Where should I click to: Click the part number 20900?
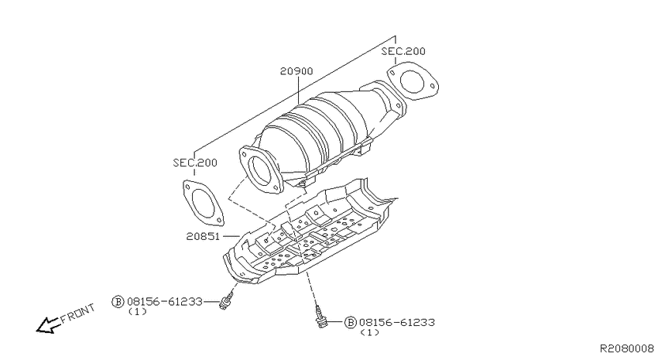(x=296, y=71)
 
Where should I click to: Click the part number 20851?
(x=203, y=236)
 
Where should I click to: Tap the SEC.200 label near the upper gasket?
(x=403, y=51)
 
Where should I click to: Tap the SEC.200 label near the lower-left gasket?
(x=195, y=163)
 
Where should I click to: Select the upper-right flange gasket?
(x=413, y=81)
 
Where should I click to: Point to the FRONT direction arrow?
(x=47, y=324)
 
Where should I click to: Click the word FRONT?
(x=78, y=313)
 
